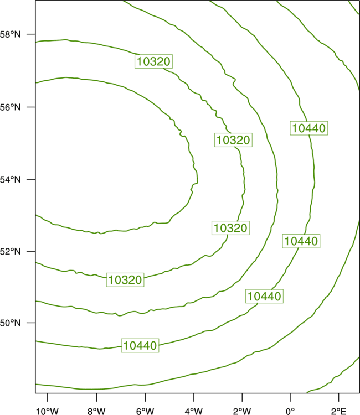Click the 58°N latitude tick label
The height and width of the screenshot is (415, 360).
pyautogui.click(x=10, y=34)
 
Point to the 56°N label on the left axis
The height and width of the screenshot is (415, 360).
pyautogui.click(x=10, y=107)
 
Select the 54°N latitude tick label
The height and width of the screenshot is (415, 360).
pyautogui.click(x=10, y=180)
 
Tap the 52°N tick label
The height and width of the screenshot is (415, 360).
pyautogui.click(x=10, y=251)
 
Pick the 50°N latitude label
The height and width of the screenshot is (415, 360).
pyautogui.click(x=10, y=323)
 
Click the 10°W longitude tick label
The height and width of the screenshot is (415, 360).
pyautogui.click(x=48, y=411)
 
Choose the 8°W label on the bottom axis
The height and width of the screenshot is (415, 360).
pyautogui.click(x=96, y=411)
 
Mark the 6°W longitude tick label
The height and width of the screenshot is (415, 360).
pyautogui.click(x=145, y=411)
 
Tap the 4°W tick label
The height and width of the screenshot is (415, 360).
pyautogui.click(x=194, y=411)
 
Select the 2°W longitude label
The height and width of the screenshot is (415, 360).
pyautogui.click(x=242, y=411)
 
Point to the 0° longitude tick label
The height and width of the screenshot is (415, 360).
pyautogui.click(x=290, y=411)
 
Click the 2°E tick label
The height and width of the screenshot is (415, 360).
pyautogui.click(x=338, y=411)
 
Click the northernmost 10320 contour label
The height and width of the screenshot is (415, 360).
pyautogui.click(x=153, y=61)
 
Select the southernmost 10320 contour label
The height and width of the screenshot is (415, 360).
pyautogui.click(x=125, y=280)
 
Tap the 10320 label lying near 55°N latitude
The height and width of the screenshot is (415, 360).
pyautogui.click(x=233, y=140)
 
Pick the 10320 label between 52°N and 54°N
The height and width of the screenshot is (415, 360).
pyautogui.click(x=230, y=228)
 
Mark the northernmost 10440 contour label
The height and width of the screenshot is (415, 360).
pyautogui.click(x=309, y=128)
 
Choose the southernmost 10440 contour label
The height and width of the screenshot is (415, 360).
pyautogui.click(x=140, y=345)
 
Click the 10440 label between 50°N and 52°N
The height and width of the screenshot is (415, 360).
pyautogui.click(x=264, y=296)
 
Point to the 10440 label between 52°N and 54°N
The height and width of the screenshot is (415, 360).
pyautogui.click(x=301, y=241)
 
